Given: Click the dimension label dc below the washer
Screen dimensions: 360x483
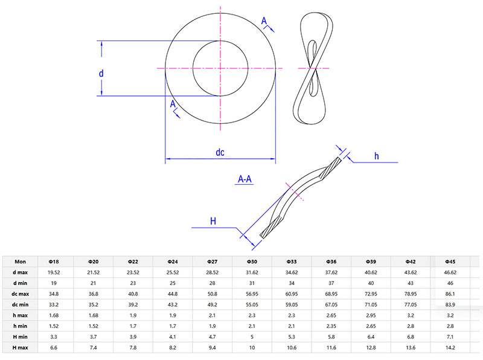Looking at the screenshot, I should (220, 153).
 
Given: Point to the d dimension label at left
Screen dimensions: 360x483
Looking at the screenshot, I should (101, 73).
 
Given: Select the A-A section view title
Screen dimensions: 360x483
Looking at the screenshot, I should (245, 179).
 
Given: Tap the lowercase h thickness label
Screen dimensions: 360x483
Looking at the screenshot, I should (376, 156).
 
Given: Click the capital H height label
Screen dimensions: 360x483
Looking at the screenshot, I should (213, 221).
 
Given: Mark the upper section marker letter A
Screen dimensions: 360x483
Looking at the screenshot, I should (264, 21).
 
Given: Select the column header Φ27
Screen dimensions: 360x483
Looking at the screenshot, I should (212, 262).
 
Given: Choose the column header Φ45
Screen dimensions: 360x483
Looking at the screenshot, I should (450, 262).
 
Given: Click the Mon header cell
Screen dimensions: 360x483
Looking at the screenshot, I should (21, 262).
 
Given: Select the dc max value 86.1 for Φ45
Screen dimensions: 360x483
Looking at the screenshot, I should (450, 294).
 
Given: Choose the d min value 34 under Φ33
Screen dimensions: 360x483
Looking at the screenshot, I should (292, 283).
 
